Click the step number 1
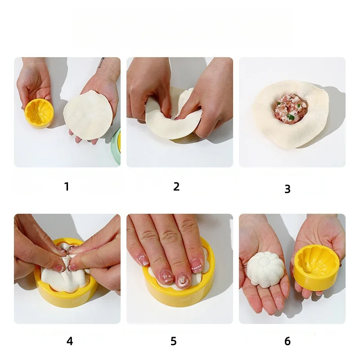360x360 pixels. pos(67,186)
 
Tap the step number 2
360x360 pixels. pos(176,186)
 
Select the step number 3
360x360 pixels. pos(288,189)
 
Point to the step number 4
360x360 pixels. pos(70,341)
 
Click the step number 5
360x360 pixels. pos(174,341)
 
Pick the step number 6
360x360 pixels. pos(288,341)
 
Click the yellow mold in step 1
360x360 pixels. pos(39,113)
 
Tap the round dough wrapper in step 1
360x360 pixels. pos(88,115)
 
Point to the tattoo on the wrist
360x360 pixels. pos(101,63)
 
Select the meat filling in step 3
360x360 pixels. pos(291,108)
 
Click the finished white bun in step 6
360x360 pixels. pos(265,269)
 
